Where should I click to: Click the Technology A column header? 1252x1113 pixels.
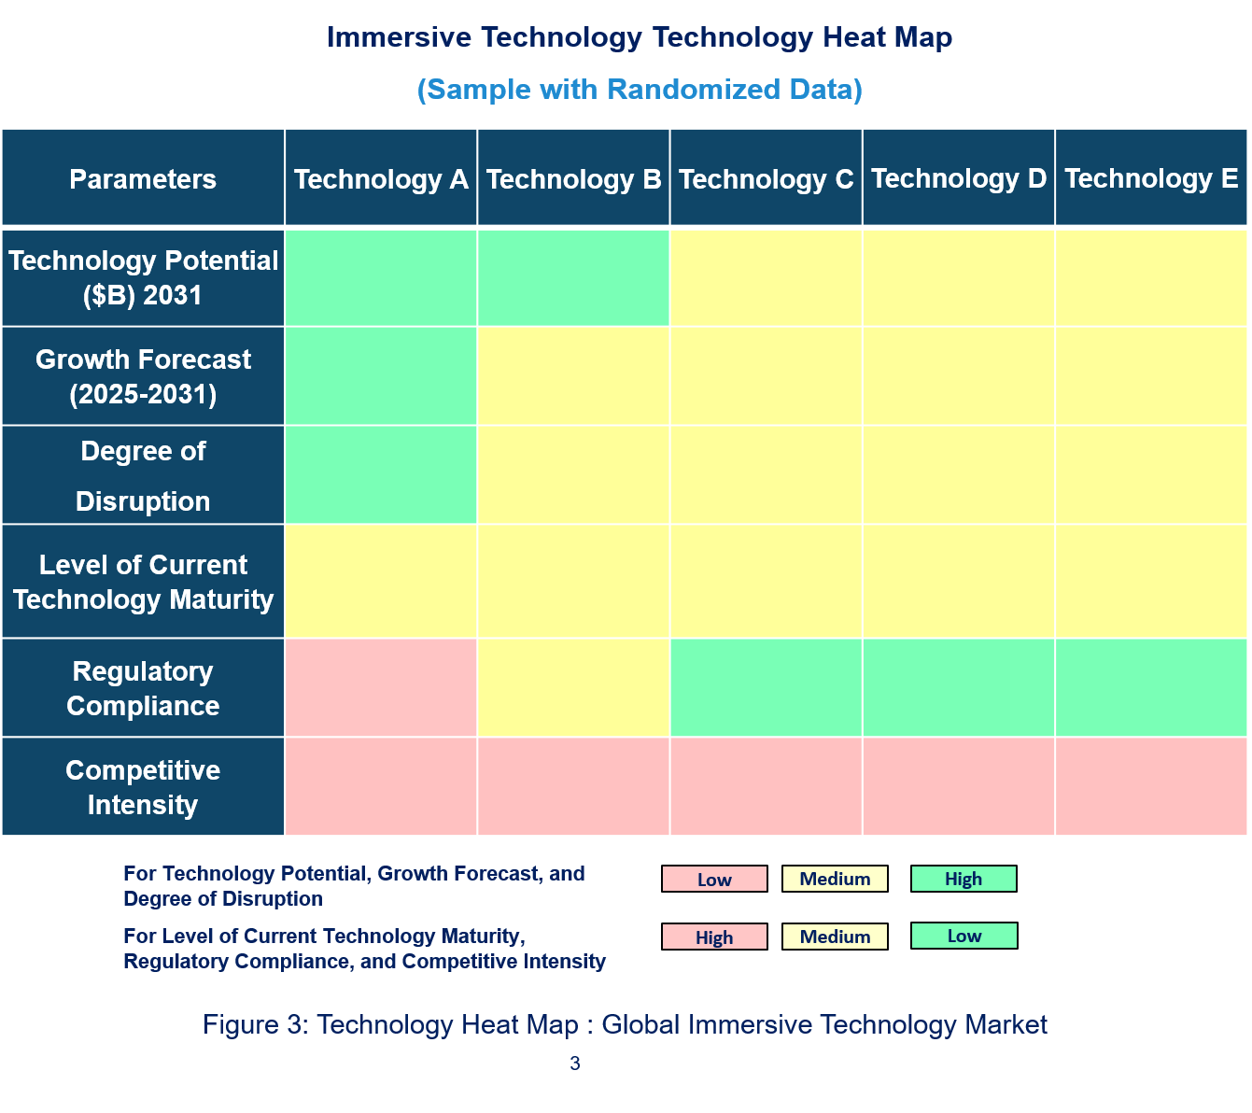[x=381, y=178]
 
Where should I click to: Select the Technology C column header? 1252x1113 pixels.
[x=766, y=178]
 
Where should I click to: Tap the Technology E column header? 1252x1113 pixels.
[x=1151, y=178]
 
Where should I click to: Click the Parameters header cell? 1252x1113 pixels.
[x=143, y=178]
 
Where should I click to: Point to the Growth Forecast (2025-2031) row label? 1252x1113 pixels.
[x=143, y=376]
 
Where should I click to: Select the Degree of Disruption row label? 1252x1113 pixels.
[x=143, y=475]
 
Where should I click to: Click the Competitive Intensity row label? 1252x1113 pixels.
[x=143, y=787]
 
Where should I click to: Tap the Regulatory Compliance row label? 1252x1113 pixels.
[x=143, y=688]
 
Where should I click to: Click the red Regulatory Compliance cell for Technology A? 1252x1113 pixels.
[x=381, y=688]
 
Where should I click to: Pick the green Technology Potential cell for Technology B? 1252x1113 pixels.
[x=573, y=277]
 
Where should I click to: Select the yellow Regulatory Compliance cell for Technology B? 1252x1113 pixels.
[x=573, y=688]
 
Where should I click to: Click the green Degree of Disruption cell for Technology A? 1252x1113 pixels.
[x=381, y=475]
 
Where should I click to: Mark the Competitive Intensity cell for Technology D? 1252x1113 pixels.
[x=959, y=787]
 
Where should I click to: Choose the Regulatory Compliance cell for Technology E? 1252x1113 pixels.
[x=1151, y=688]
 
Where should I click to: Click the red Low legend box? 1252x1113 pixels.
[x=714, y=879]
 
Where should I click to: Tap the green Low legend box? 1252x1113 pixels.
[x=964, y=936]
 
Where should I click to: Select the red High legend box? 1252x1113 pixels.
[x=714, y=937]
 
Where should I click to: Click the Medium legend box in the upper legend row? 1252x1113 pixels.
[x=835, y=879]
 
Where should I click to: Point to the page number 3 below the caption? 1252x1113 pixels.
[x=575, y=1063]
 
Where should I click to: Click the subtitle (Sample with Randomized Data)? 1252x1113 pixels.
[x=640, y=90]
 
